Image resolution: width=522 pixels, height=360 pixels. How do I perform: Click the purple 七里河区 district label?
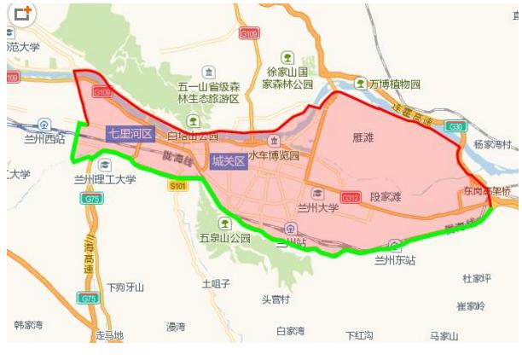coord(130,134)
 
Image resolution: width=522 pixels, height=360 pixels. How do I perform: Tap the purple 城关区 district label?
coord(229,160)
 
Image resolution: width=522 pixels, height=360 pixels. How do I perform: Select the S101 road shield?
coord(177,185)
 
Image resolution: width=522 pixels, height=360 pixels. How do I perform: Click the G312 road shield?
coord(350,197)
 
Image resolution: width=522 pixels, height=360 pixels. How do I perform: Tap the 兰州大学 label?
coord(317,207)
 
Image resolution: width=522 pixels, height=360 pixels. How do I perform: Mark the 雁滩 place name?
coord(362,136)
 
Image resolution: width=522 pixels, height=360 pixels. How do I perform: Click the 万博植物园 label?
coord(388,84)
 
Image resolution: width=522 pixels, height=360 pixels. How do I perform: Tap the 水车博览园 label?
coord(274,156)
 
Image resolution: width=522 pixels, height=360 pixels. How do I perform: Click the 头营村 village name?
coord(275,299)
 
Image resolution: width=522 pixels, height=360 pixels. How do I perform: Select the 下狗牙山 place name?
coord(125,287)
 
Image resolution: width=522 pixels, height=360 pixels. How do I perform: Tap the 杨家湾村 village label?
coord(493,145)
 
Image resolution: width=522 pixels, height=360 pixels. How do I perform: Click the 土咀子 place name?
coord(216,283)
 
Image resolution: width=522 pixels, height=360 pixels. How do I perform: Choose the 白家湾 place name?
coord(290,330)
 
